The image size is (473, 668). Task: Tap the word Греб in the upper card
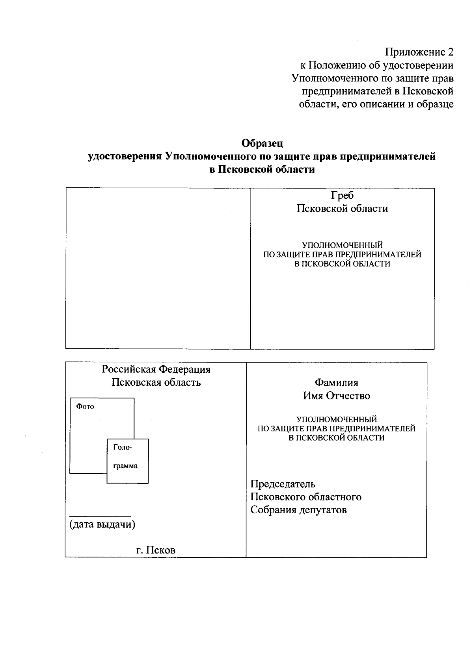pyautogui.click(x=342, y=196)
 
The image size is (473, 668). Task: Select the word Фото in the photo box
pyautogui.click(x=85, y=407)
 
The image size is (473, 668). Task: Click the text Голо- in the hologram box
pyautogui.click(x=123, y=447)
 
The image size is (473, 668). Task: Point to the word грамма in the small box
pyautogui.click(x=125, y=466)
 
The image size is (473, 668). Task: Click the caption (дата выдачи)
pyautogui.click(x=102, y=525)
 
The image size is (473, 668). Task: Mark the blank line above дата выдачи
pyautogui.click(x=100, y=516)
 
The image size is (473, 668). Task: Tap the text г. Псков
pyautogui.click(x=156, y=550)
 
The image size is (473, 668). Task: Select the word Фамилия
pyautogui.click(x=336, y=383)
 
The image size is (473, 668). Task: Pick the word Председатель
pyautogui.click(x=283, y=484)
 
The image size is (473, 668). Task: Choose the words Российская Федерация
pyautogui.click(x=156, y=370)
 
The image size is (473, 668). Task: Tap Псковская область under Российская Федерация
pyautogui.click(x=156, y=382)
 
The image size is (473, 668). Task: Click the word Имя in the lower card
pyautogui.click(x=313, y=396)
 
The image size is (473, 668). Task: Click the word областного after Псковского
pyautogui.click(x=336, y=497)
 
